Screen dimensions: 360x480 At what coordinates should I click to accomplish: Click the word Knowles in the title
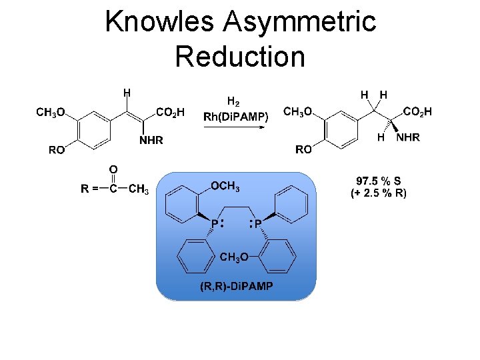pyautogui.click(x=159, y=22)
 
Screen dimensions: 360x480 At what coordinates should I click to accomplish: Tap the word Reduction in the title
pyautogui.click(x=240, y=56)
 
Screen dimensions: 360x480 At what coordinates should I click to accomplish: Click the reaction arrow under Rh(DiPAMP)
pyautogui.click(x=237, y=130)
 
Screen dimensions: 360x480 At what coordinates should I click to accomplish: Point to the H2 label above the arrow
pyautogui.click(x=233, y=102)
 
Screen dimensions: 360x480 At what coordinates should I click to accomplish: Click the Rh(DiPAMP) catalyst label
pyautogui.click(x=236, y=117)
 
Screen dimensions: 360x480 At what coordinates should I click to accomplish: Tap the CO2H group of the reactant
pyautogui.click(x=171, y=112)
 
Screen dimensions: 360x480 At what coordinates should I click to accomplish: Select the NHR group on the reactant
pyautogui.click(x=151, y=141)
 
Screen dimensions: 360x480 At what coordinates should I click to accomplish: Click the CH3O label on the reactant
pyautogui.click(x=50, y=112)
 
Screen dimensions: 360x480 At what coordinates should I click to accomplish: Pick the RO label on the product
pyautogui.click(x=303, y=149)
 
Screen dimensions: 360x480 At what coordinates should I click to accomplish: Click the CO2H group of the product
pyautogui.click(x=418, y=112)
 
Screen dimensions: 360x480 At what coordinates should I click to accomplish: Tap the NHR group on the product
pyautogui.click(x=408, y=137)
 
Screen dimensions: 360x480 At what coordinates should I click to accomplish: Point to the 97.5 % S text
pyautogui.click(x=379, y=181)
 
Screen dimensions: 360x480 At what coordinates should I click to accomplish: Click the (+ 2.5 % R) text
pyautogui.click(x=379, y=193)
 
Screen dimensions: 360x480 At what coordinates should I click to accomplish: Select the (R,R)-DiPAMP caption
pyautogui.click(x=236, y=287)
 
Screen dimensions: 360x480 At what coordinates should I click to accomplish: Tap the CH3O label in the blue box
pyautogui.click(x=234, y=257)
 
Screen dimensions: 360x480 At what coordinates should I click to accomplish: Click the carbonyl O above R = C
pyautogui.click(x=113, y=170)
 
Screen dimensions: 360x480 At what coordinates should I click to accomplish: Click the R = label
pyautogui.click(x=90, y=189)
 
